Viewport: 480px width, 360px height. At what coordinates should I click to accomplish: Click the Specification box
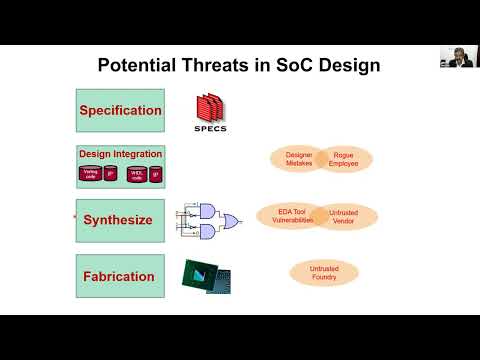click(x=120, y=110)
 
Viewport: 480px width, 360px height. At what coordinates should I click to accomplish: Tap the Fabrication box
click(x=120, y=276)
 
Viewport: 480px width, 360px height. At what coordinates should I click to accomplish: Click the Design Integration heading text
click(x=120, y=155)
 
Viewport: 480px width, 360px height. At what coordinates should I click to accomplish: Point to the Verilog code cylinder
click(x=91, y=174)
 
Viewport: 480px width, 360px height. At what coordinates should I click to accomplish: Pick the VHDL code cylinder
click(x=137, y=174)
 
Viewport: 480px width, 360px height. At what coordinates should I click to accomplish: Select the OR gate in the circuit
click(x=231, y=220)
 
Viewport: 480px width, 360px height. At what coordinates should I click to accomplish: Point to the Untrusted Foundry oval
click(x=324, y=271)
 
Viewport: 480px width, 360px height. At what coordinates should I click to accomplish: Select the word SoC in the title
click(x=313, y=67)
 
